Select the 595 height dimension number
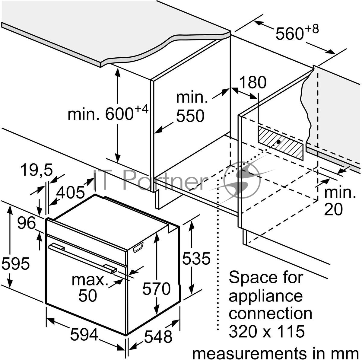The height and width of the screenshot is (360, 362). coord(15,263)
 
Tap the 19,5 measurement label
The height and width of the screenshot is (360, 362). coord(37,170)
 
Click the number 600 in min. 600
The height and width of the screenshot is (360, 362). coord(119,114)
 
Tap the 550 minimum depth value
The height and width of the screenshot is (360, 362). coord(190,116)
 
